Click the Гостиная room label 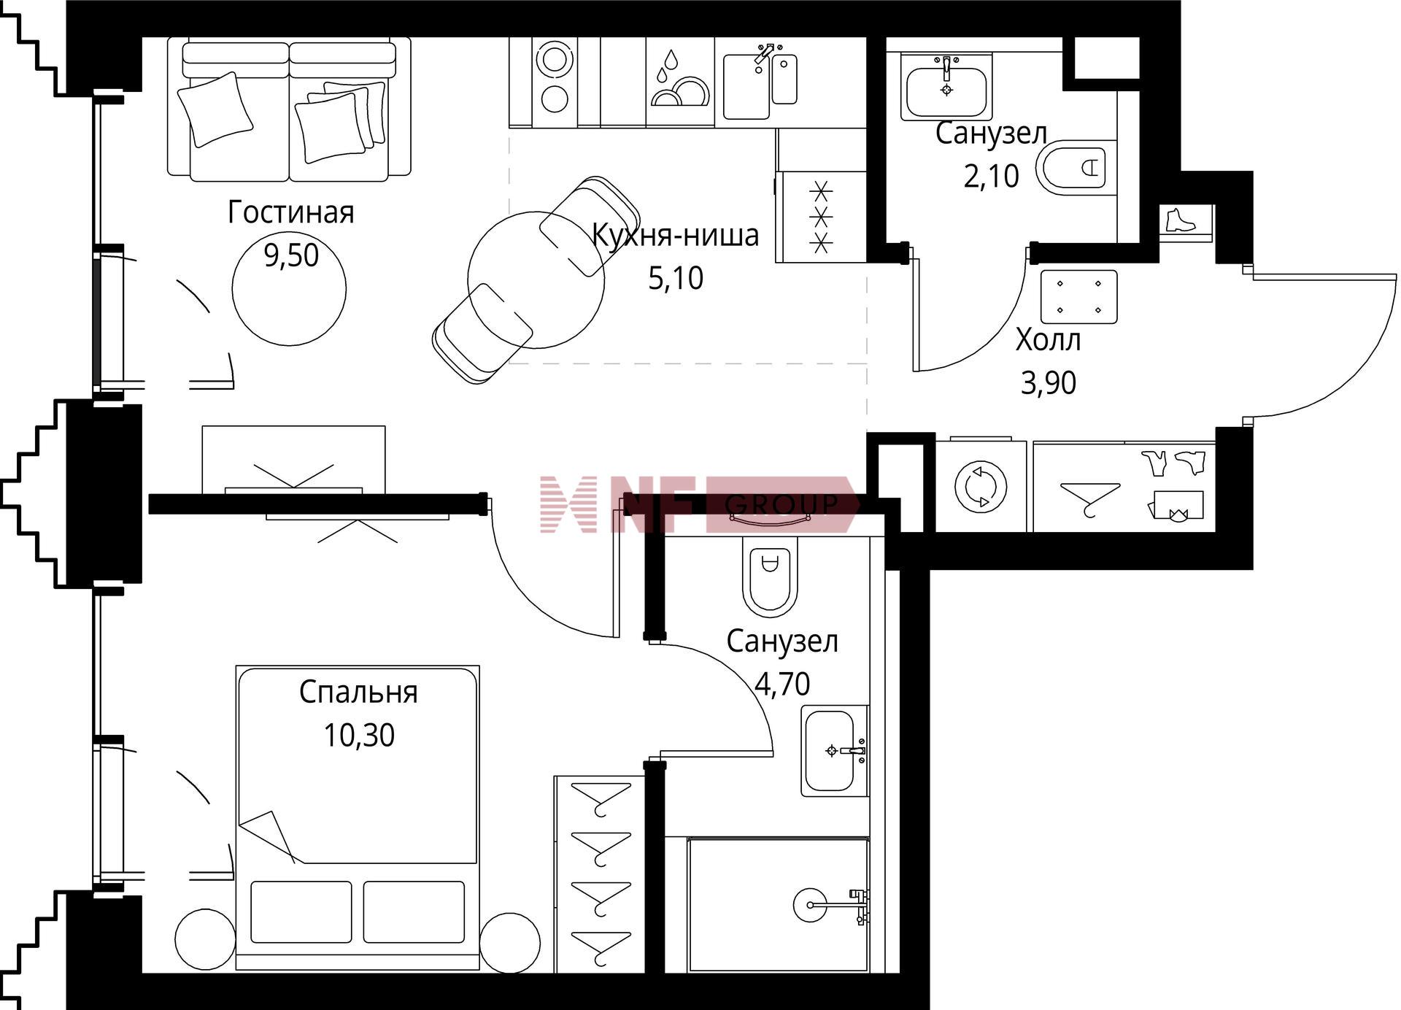(290, 212)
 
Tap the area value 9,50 (291, 255)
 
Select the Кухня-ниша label (675, 235)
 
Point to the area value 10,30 (359, 735)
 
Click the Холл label (1048, 339)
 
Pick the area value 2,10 (991, 176)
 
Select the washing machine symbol (981, 485)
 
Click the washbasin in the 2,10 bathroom (946, 86)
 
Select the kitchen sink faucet (765, 55)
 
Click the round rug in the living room (289, 288)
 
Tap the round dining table (536, 280)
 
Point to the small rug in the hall (1079, 296)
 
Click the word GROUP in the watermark (781, 504)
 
